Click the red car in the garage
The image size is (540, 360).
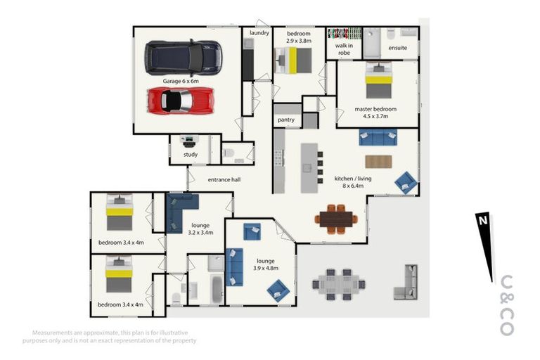click(x=181, y=101)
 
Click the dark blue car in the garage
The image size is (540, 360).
click(x=184, y=58)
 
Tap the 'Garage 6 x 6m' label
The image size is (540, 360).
click(x=181, y=81)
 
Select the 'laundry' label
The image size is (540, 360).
click(x=259, y=33)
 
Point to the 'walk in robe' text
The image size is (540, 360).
click(x=344, y=49)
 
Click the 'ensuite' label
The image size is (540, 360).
click(x=398, y=48)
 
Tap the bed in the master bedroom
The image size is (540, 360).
click(x=379, y=80)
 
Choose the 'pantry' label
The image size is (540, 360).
click(x=286, y=120)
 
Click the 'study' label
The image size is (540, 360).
click(x=191, y=154)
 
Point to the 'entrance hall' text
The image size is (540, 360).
click(x=224, y=179)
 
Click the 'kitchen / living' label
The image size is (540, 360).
click(x=353, y=179)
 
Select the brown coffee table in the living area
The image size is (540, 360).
click(x=378, y=162)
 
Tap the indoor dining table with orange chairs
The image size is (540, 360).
click(x=336, y=219)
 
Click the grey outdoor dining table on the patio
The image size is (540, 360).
click(x=339, y=285)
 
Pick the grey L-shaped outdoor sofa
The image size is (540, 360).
click(x=406, y=283)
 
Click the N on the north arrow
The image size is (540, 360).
click(x=483, y=220)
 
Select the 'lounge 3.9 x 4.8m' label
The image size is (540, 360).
click(x=266, y=264)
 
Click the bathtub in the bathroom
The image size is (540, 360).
click(x=217, y=290)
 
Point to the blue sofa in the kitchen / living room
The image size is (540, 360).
click(x=378, y=137)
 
